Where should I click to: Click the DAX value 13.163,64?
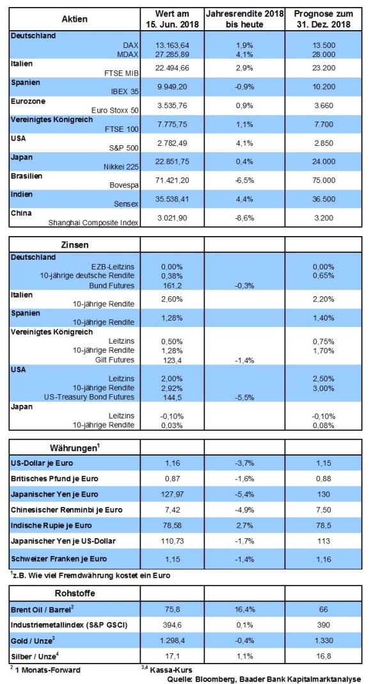[x=172, y=45]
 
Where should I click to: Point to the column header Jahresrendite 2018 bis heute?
[x=244, y=19]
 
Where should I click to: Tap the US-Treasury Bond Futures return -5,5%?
[x=244, y=397]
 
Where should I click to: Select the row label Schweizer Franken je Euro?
[x=58, y=559]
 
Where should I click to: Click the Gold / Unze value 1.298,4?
[x=170, y=643]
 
